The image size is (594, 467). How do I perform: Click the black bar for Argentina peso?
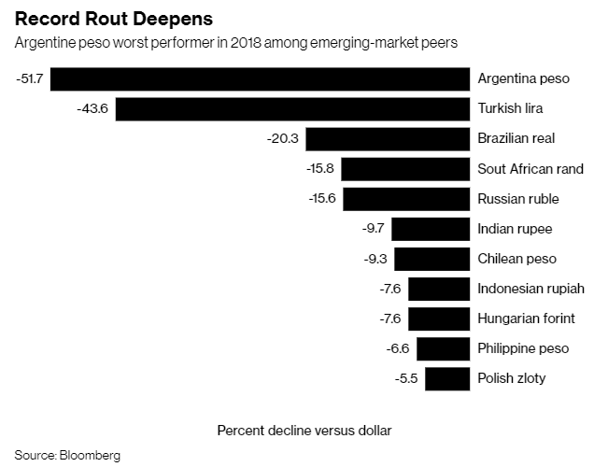pyautogui.click(x=260, y=78)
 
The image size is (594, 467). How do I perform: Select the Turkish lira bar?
pyautogui.click(x=292, y=108)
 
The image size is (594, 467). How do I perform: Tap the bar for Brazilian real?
pyautogui.click(x=387, y=138)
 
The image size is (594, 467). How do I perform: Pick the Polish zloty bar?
pyautogui.click(x=446, y=378)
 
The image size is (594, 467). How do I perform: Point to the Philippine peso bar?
pyautogui.click(x=443, y=348)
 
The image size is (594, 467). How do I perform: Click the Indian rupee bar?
pyautogui.click(x=431, y=229)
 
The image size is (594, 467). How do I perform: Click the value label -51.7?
pyautogui.click(x=29, y=78)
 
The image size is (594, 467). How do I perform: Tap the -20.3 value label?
pyautogui.click(x=283, y=138)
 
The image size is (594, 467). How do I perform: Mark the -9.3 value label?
pyautogui.click(x=373, y=259)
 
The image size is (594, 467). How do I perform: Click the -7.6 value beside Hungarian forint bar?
pyautogui.click(x=389, y=318)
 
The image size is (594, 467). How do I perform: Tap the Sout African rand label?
pyautogui.click(x=530, y=169)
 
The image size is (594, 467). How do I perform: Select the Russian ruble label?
pyautogui.click(x=518, y=199)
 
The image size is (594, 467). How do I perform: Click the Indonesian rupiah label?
pyautogui.click(x=531, y=289)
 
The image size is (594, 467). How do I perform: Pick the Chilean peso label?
pyautogui.click(x=516, y=259)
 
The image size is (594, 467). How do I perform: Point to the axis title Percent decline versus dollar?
pyautogui.click(x=304, y=431)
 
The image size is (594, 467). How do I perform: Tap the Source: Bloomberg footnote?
pyautogui.click(x=67, y=456)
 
